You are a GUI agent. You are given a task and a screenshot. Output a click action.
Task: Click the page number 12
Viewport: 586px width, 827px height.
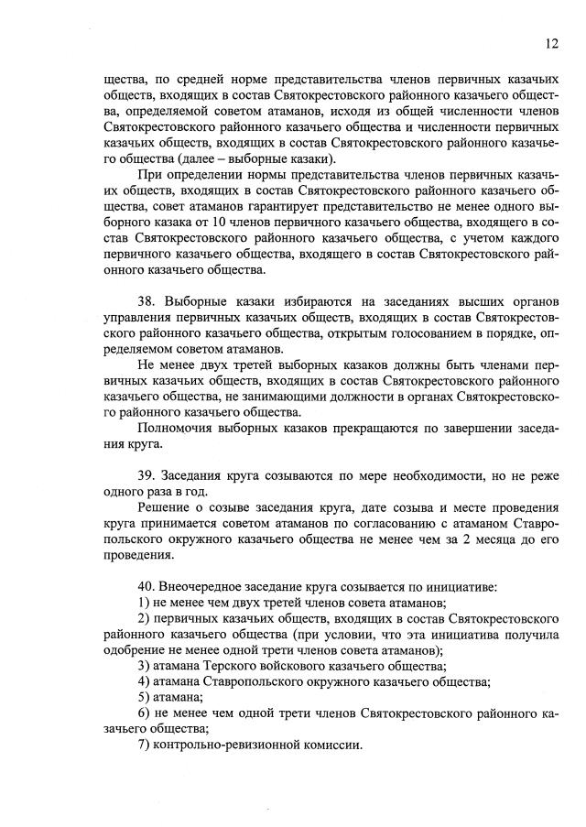(551, 43)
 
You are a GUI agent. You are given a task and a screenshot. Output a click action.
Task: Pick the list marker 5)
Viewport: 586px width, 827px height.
(144, 697)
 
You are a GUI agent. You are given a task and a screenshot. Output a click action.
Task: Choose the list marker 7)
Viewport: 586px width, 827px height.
(144, 745)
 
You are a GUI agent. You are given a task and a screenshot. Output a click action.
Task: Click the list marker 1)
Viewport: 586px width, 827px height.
(144, 602)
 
